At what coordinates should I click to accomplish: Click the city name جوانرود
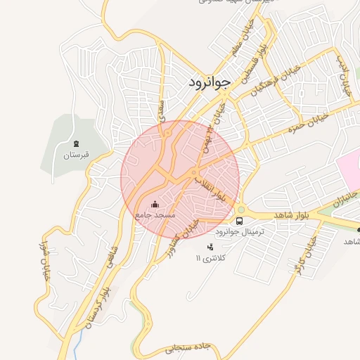[x=210, y=82]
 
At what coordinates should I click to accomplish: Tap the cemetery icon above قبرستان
[x=76, y=143]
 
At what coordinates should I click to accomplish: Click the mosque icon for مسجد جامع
[x=155, y=204]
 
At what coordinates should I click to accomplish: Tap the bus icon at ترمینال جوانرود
[x=240, y=221]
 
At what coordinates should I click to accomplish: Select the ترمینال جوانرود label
[x=239, y=231]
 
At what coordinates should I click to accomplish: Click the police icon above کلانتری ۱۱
[x=210, y=246]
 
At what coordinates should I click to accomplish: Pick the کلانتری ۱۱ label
[x=212, y=258]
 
